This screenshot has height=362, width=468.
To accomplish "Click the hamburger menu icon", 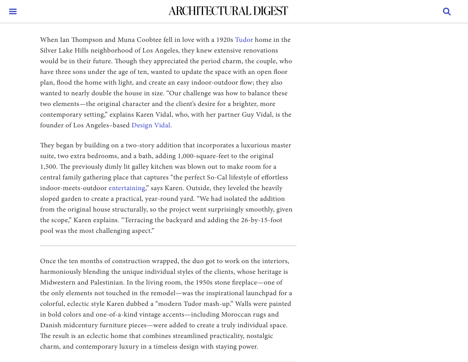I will pyautogui.click(x=13, y=12).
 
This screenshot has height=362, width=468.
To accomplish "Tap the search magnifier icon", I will pyautogui.click(x=447, y=12).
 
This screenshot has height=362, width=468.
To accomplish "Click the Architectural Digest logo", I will pyautogui.click(x=228, y=11).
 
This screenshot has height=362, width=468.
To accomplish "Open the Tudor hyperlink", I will pyautogui.click(x=244, y=40).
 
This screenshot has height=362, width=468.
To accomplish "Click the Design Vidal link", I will pyautogui.click(x=151, y=125).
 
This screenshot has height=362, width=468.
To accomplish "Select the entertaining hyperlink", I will pyautogui.click(x=126, y=188).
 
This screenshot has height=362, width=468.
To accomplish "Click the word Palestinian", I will pyautogui.click(x=107, y=282).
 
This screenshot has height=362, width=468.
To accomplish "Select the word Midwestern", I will pyautogui.click(x=57, y=282).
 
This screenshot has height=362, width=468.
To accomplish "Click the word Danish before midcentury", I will pyautogui.click(x=50, y=325).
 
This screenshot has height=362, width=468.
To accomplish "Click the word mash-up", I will pyautogui.click(x=218, y=304).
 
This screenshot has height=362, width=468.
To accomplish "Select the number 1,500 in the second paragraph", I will pyautogui.click(x=48, y=167).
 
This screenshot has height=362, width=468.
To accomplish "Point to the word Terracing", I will pyautogui.click(x=140, y=220).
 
